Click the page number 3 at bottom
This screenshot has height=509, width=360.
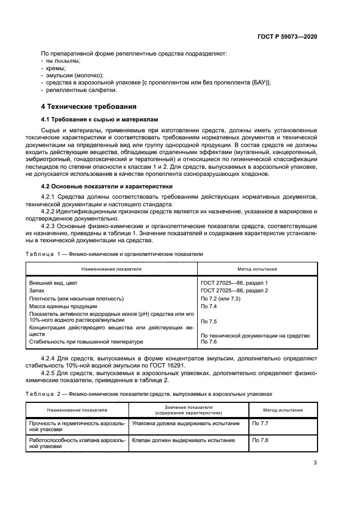click(x=315, y=463)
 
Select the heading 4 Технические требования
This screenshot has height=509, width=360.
click(x=89, y=106)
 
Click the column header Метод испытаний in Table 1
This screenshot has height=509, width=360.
click(x=257, y=269)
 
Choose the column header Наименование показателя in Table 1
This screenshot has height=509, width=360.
click(x=111, y=269)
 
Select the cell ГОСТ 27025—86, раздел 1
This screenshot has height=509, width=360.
click(x=234, y=283)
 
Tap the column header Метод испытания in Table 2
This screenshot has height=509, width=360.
click(x=283, y=410)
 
